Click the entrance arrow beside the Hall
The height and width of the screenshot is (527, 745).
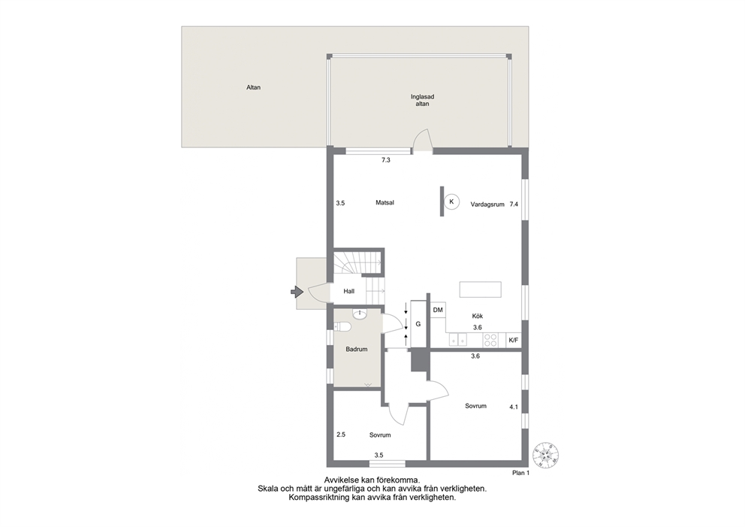(297, 291)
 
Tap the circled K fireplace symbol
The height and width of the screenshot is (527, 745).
(452, 201)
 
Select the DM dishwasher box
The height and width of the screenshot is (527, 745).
(438, 310)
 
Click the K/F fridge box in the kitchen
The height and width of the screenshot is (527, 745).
(514, 340)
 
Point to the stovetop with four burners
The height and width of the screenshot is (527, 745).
(490, 340)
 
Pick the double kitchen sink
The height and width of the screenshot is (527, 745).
(458, 340)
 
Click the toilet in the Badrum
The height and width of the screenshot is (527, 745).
(342, 326)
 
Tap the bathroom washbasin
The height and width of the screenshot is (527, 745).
(360, 314)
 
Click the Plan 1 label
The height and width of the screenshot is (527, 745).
(520, 473)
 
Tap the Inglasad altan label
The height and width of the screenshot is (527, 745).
(422, 100)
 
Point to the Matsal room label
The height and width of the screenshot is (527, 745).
(385, 203)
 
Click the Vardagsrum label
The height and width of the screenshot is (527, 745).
(487, 204)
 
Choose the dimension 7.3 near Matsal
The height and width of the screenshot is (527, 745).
(386, 160)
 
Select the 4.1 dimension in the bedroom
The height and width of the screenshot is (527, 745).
(514, 407)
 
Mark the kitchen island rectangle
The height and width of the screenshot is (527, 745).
(481, 289)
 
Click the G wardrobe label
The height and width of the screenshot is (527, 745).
(418, 324)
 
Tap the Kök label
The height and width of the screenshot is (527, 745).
(478, 316)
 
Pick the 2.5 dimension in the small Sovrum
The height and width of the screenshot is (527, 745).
(341, 435)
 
